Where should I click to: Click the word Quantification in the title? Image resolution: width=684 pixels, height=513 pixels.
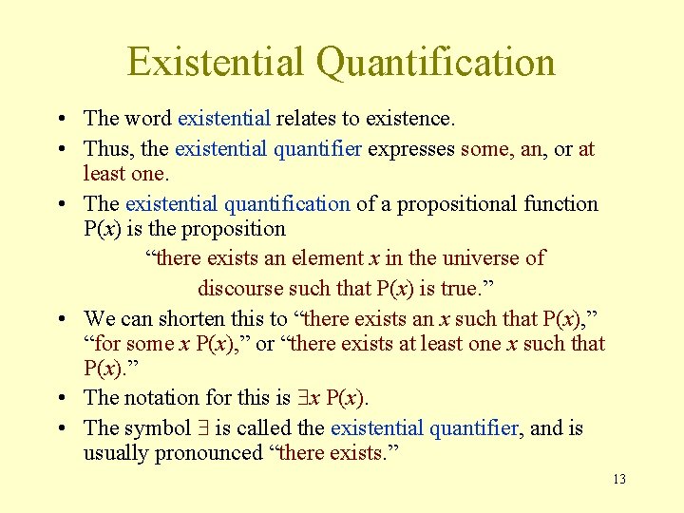pyautogui.click(x=436, y=62)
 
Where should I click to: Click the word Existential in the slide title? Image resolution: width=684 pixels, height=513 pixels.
pyautogui.click(x=216, y=62)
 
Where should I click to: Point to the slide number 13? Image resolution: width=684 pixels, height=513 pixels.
pyautogui.click(x=619, y=479)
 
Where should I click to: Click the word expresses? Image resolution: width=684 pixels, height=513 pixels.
pyautogui.click(x=411, y=149)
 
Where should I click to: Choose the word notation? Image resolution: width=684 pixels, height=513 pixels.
pyautogui.click(x=166, y=398)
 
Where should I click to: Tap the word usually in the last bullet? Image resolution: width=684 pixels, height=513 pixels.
pyautogui.click(x=116, y=453)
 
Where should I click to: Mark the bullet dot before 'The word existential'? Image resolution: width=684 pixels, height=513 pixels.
pyautogui.click(x=61, y=119)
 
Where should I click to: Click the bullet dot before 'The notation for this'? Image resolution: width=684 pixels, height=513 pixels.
pyautogui.click(x=61, y=398)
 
